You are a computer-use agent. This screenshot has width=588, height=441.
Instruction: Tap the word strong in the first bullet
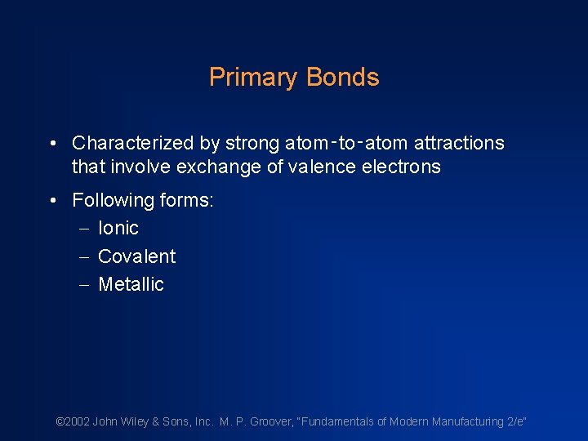(x=251, y=144)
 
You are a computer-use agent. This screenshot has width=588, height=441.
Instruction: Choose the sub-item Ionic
(x=118, y=228)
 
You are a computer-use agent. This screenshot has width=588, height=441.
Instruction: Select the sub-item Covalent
(x=136, y=256)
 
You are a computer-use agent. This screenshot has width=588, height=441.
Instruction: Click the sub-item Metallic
(x=131, y=284)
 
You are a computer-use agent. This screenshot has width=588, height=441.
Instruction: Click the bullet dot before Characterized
(x=52, y=144)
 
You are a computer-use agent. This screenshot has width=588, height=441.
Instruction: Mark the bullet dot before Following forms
(x=52, y=200)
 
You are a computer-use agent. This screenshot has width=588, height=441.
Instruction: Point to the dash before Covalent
(x=83, y=256)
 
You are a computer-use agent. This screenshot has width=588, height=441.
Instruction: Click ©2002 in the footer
(x=73, y=421)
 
